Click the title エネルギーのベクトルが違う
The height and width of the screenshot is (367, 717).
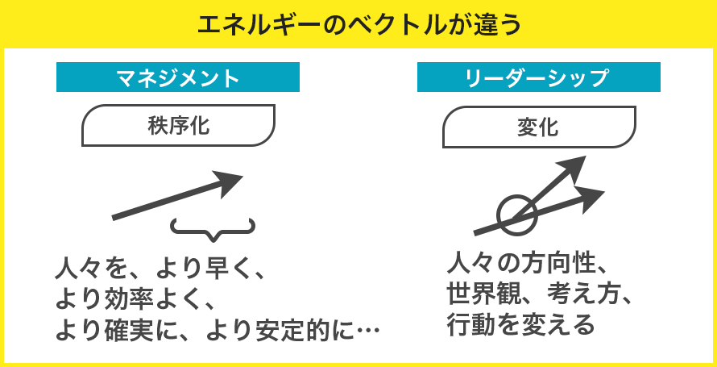tap(359, 25)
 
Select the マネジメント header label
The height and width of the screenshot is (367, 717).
tap(178, 77)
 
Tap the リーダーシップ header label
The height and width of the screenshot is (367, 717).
tap(539, 77)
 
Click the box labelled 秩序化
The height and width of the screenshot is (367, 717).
tap(178, 125)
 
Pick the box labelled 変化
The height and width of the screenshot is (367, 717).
tap(539, 127)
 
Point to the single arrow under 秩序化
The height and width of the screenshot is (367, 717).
tap(177, 195)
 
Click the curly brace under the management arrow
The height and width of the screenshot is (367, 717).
tap(213, 229)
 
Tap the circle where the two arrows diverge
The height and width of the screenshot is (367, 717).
tap(516, 215)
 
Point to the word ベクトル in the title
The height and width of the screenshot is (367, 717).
tap(388, 25)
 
